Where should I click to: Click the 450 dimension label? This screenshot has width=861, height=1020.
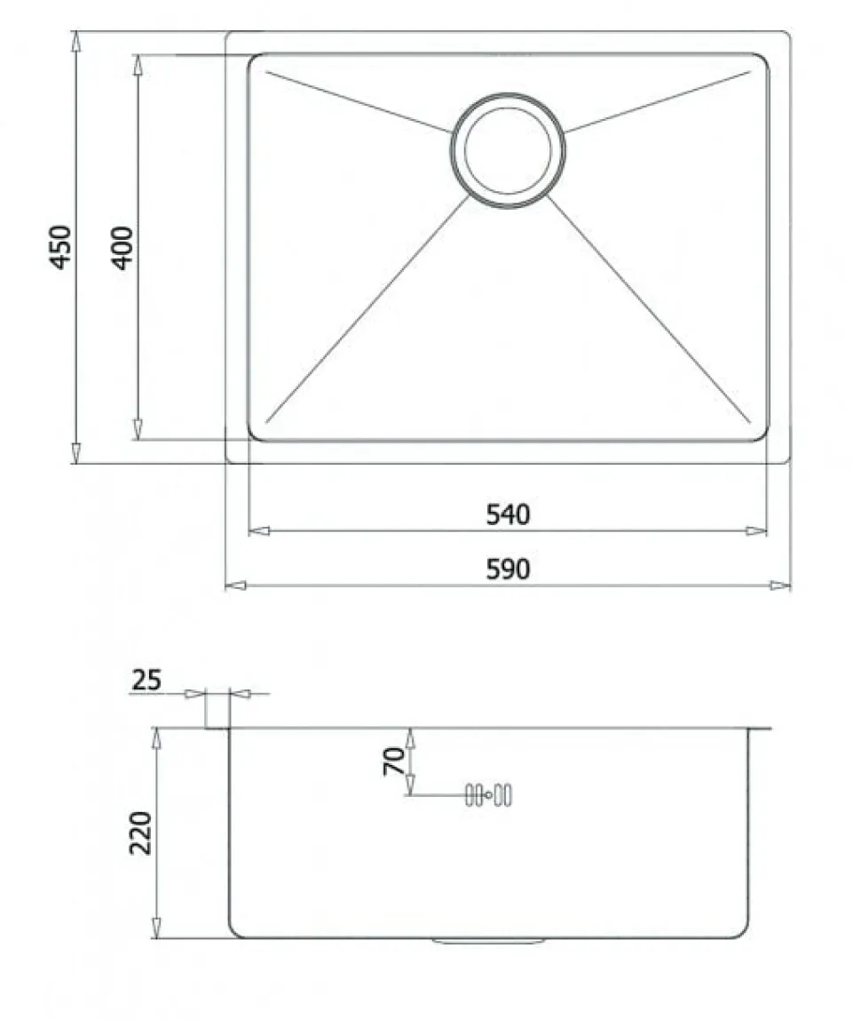pyautogui.click(x=60, y=246)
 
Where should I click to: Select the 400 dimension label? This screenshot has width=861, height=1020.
pyautogui.click(x=122, y=247)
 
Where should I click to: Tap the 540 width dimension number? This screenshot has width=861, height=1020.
pyautogui.click(x=508, y=514)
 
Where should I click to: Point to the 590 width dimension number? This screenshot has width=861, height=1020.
pyautogui.click(x=508, y=570)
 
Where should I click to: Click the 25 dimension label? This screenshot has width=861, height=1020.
pyautogui.click(x=146, y=681)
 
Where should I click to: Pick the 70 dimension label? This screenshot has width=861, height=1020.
pyautogui.click(x=394, y=761)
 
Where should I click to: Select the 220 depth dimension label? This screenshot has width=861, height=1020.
pyautogui.click(x=140, y=833)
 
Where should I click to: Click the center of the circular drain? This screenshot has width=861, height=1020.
pyautogui.click(x=508, y=150)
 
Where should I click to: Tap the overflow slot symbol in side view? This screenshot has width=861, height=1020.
pyautogui.click(x=488, y=795)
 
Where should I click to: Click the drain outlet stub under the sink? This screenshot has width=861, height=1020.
pyautogui.click(x=489, y=941)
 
